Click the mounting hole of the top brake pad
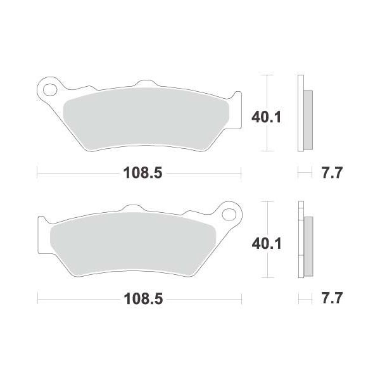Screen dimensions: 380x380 click(50, 89)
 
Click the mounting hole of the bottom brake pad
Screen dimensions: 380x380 click(229, 215)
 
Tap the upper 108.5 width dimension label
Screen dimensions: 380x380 click(142, 173)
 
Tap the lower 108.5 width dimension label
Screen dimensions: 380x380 click(143, 299)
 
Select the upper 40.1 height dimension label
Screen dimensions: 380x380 click(267, 117)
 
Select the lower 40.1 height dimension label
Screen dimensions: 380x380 click(267, 243)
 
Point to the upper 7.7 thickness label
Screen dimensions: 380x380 click(332, 173)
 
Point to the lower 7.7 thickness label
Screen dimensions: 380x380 click(332, 298)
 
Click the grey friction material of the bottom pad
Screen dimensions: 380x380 click(133, 244)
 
